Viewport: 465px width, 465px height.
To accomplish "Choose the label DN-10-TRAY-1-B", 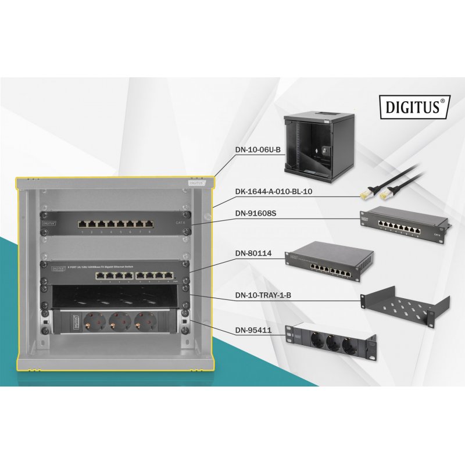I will [x=264, y=295].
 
